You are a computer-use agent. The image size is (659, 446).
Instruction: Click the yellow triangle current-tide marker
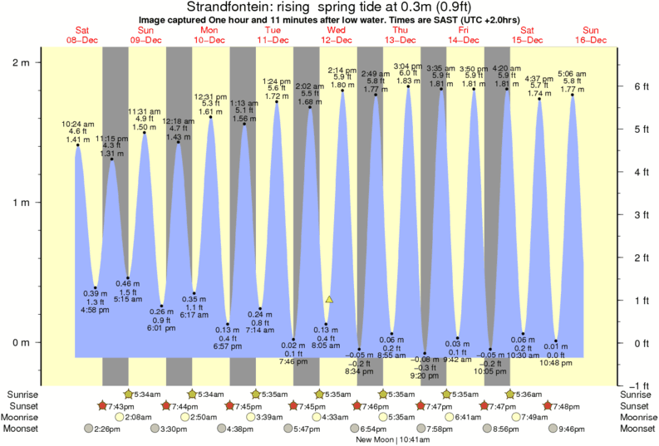coord(329,299)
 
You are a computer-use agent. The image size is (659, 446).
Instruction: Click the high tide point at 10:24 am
coord(79,145)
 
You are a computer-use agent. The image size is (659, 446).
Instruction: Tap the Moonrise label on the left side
coord(22,417)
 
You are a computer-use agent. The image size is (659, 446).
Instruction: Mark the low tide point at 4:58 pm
coord(96,287)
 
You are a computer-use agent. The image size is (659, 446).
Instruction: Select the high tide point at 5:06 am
coord(573,95)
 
